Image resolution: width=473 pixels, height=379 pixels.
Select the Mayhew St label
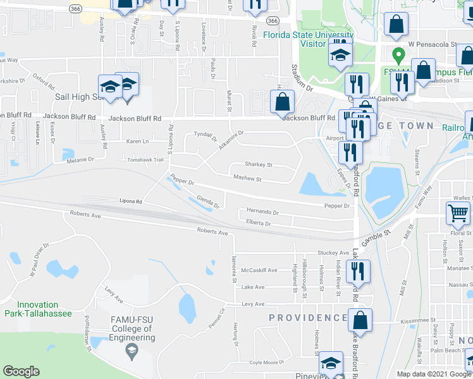click(x=247, y=179)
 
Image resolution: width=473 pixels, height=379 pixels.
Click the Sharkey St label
click(x=258, y=164)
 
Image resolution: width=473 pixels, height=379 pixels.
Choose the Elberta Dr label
click(x=259, y=223)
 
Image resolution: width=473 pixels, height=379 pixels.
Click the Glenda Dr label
click(x=208, y=202)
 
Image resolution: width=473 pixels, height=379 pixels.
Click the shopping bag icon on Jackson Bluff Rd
click(x=282, y=101)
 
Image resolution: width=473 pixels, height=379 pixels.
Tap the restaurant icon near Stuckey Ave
click(x=358, y=270)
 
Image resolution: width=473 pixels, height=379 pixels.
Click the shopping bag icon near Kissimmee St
click(x=360, y=319)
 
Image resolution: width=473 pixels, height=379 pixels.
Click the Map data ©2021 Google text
click(x=434, y=374)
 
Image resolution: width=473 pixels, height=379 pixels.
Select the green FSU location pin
click(x=398, y=56)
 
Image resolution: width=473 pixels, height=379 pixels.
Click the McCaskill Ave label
click(x=259, y=270)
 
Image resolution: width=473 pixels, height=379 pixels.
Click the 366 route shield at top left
click(x=75, y=9)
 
